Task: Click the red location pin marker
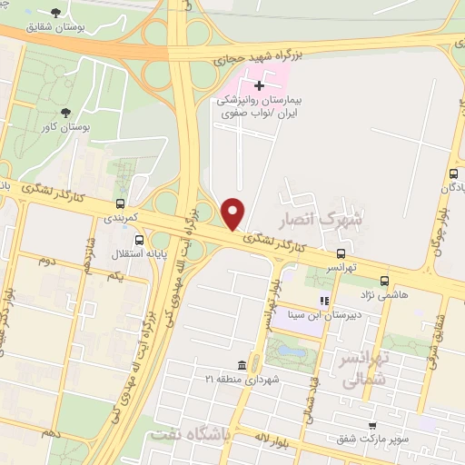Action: tap(233, 214)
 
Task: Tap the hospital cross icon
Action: tap(259, 84)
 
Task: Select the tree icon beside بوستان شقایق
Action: tap(57, 13)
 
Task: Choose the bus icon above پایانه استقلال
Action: tap(138, 240)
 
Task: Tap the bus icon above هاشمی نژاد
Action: tap(384, 281)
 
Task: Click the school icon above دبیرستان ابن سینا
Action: tap(322, 301)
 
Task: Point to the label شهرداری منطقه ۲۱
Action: tap(240, 378)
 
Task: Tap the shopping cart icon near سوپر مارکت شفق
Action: tap(372, 425)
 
